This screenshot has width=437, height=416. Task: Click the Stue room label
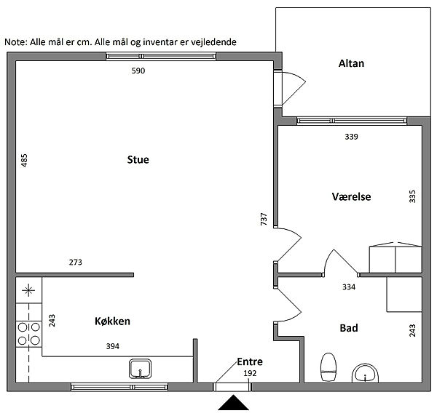pos(138,160)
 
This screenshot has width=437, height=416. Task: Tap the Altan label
pos(351,63)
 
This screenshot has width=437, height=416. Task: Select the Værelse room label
pos(351,197)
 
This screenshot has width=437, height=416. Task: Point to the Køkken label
pos(112,321)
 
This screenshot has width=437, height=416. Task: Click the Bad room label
pos(349,328)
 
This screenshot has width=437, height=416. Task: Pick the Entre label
pos(250,361)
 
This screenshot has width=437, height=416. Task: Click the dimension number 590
pos(138,71)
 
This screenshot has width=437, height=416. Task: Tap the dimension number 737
pos(264,219)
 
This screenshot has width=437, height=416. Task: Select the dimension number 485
pos(24,160)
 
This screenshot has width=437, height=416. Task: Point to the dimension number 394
pos(113,346)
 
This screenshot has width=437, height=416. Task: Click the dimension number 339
pos(351,137)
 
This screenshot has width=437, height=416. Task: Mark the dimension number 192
pos(250,373)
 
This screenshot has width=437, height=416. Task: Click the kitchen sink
pos(140,369)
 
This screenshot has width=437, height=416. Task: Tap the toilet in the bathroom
pos(328,367)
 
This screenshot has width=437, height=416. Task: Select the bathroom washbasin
pos(365,373)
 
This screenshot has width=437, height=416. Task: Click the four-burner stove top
pos(28,334)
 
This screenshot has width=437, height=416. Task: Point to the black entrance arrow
pos(233,402)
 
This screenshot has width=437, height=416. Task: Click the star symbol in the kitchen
pos(28,291)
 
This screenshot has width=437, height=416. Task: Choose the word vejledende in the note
pos(213,42)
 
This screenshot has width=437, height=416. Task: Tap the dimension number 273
pos(76,262)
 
